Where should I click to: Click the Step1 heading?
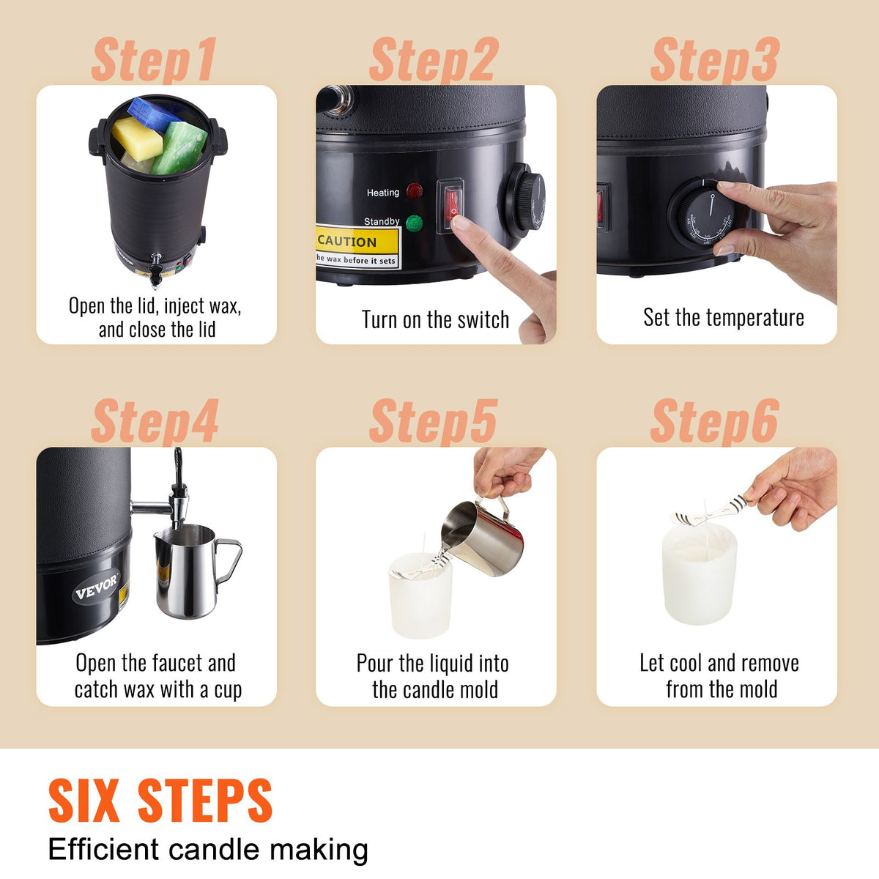coord(154,60)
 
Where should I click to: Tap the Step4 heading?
coord(155,421)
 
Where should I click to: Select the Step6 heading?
coord(714,421)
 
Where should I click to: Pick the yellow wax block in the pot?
coord(137,138)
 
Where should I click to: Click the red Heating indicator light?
coord(415,192)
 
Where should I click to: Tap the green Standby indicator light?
coord(415,223)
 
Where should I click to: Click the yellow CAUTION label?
coord(357,248)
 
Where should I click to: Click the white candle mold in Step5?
coord(420,597)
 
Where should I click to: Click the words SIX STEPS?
coord(160,801)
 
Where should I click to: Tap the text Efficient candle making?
coord(208,850)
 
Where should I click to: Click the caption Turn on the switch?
coord(435,320)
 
